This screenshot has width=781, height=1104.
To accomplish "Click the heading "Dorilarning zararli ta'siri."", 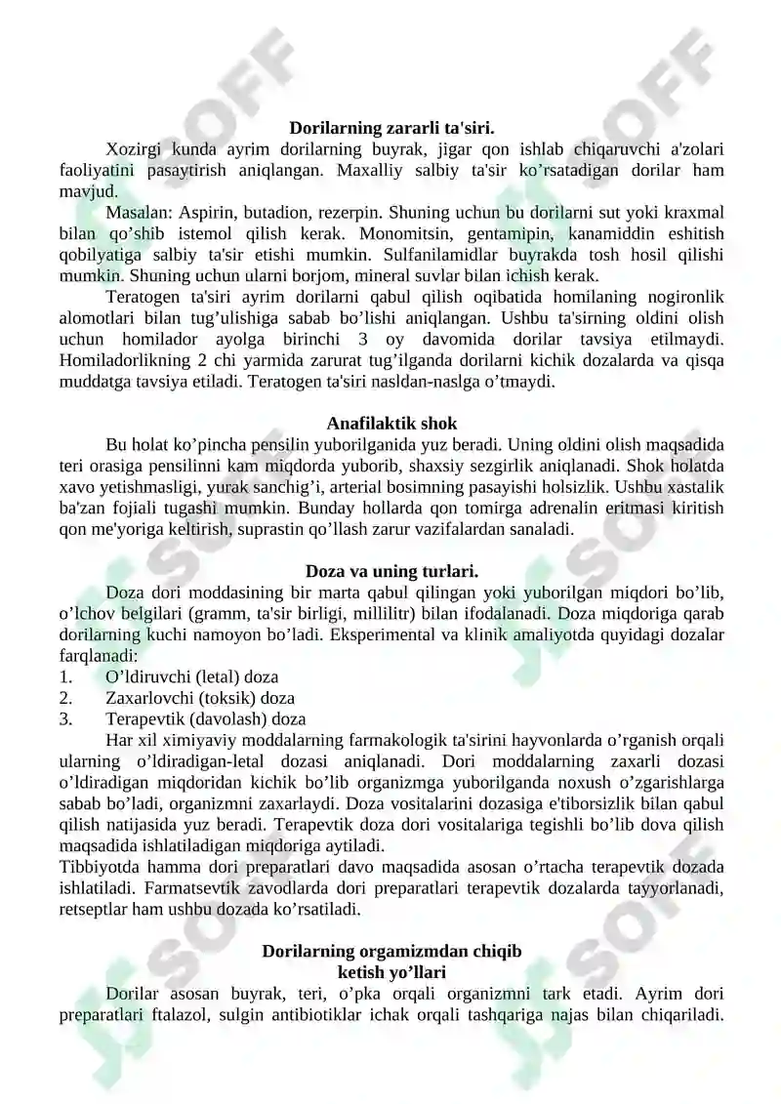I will [x=391, y=127].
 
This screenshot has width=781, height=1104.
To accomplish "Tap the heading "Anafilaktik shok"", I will [x=391, y=424].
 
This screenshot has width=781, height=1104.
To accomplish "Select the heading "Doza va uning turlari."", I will [x=391, y=571].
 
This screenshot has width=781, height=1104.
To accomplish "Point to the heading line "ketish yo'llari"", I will [x=391, y=972].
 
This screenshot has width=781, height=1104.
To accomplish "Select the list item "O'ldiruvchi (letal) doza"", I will [x=191, y=676].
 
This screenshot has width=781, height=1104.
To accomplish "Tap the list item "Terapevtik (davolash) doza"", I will [x=205, y=719].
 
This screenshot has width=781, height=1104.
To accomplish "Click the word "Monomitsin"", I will [x=404, y=233].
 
